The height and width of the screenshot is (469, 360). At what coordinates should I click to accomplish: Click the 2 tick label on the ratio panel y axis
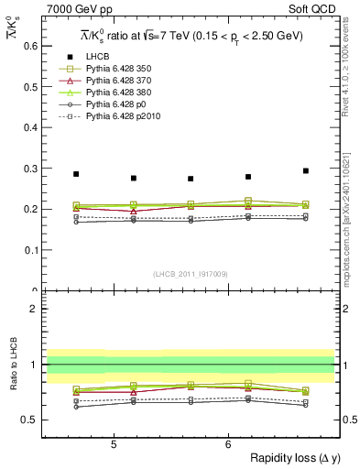point(33,309)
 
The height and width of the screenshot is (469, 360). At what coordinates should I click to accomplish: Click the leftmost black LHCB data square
point(76,174)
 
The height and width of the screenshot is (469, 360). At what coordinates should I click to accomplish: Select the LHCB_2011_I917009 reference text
point(191,274)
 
